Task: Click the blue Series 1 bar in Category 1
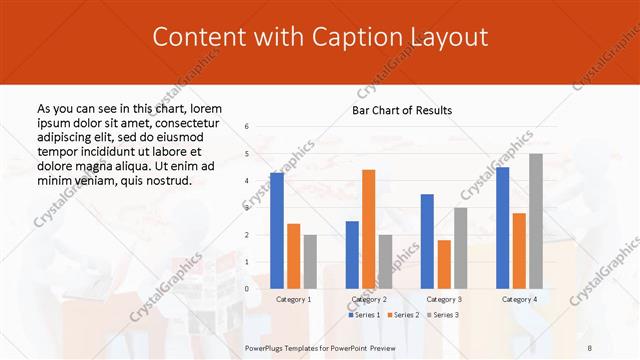(x=277, y=230)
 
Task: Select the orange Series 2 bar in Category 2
(x=369, y=228)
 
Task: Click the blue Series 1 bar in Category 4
(x=502, y=227)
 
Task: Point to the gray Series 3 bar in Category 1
(x=310, y=261)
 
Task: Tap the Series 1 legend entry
(x=364, y=315)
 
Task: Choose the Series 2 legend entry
(x=403, y=315)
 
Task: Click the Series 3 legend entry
(x=442, y=315)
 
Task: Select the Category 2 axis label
(x=369, y=299)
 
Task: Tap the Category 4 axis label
(x=519, y=299)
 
